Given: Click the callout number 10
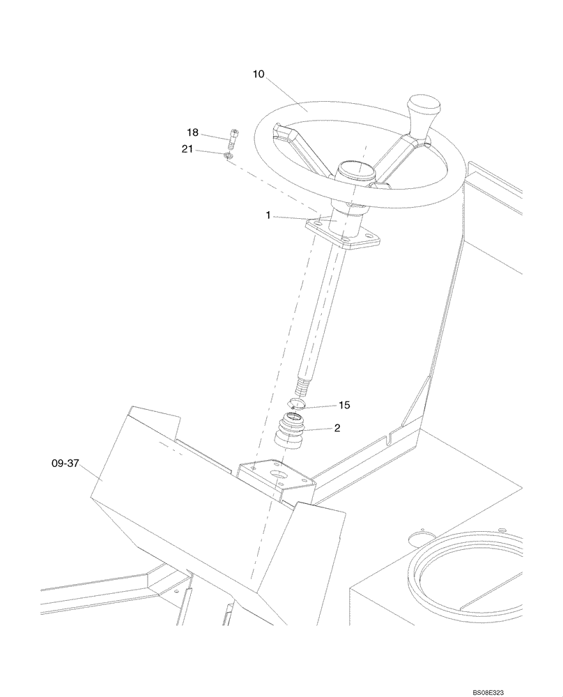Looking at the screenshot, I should tap(259, 74).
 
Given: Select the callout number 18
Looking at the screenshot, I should tap(192, 132).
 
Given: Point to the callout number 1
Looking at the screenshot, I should tap(268, 216).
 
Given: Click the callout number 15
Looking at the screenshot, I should tap(344, 405).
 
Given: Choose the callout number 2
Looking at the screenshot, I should tap(337, 429).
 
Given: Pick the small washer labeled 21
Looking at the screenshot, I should tap(228, 155).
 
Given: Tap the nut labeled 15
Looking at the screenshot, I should tap(296, 403).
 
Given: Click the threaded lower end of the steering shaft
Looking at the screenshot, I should tap(304, 384).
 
